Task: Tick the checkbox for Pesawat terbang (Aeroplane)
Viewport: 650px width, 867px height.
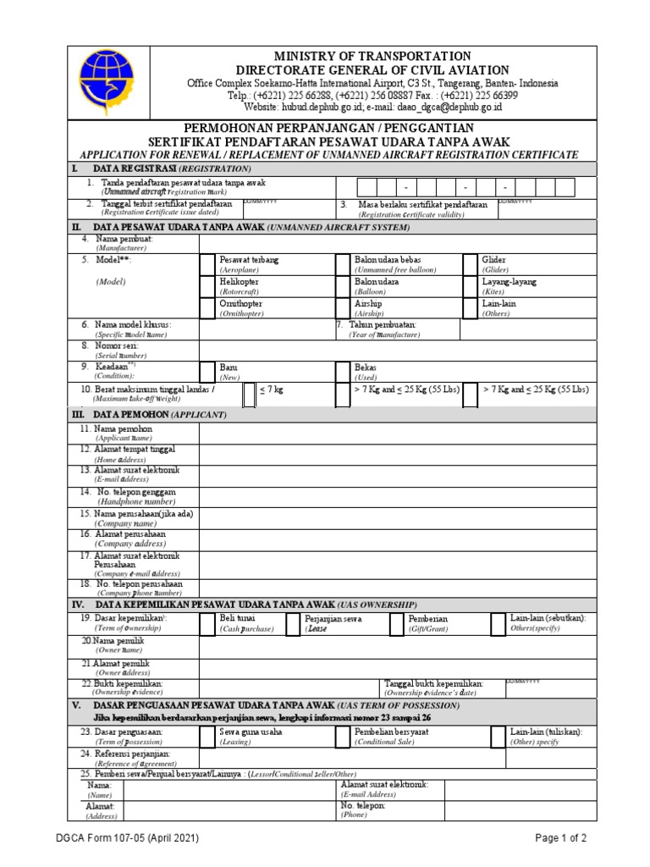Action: (207, 263)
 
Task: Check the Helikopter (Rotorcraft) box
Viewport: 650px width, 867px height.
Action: (207, 285)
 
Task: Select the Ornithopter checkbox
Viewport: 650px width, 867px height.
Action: (207, 308)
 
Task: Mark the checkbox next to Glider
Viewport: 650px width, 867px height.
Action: (470, 263)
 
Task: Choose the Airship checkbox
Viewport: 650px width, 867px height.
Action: (343, 308)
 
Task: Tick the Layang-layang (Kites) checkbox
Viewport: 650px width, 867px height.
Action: (470, 285)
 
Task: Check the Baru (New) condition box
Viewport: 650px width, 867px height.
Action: (207, 372)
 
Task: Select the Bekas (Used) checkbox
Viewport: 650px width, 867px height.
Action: (343, 372)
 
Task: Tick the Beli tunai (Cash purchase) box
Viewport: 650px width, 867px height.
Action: (207, 624)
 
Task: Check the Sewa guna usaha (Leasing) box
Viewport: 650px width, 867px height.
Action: (207, 736)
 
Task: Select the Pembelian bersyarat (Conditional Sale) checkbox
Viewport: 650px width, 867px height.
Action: (343, 736)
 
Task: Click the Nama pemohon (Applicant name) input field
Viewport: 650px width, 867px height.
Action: (398, 433)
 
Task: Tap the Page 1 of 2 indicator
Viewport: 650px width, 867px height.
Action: (560, 837)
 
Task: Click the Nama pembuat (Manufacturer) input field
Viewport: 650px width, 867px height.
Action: (398, 242)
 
